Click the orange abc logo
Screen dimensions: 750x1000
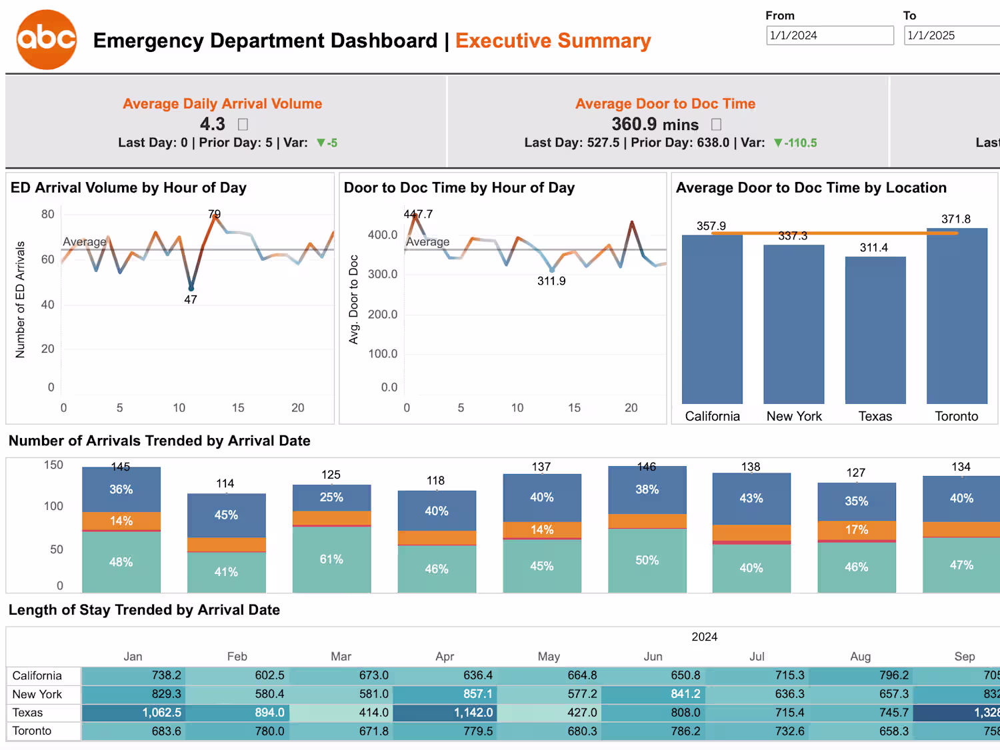pyautogui.click(x=46, y=39)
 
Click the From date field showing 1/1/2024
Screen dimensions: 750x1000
pyautogui.click(x=829, y=35)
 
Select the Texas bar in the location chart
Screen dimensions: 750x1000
pyautogui.click(x=875, y=330)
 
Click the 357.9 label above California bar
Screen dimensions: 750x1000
pyautogui.click(x=711, y=226)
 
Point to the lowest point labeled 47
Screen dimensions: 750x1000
pyautogui.click(x=191, y=288)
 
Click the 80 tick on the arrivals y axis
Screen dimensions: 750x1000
pyautogui.click(x=47, y=214)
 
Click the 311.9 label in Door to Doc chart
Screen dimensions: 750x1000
pyautogui.click(x=551, y=281)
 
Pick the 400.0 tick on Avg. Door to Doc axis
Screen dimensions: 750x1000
pyautogui.click(x=383, y=235)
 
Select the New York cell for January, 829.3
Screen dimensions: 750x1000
pyautogui.click(x=133, y=694)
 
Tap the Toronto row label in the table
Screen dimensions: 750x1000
pyautogui.click(x=32, y=731)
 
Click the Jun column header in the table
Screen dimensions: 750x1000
pyautogui.click(x=653, y=657)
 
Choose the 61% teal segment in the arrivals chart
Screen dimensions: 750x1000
pyautogui.click(x=331, y=559)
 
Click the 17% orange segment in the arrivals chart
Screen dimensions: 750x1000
pyautogui.click(x=857, y=530)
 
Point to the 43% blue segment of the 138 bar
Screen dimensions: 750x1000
pyautogui.click(x=751, y=498)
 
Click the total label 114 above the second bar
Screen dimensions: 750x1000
pyautogui.click(x=225, y=483)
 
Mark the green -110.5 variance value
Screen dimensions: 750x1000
pyautogui.click(x=800, y=143)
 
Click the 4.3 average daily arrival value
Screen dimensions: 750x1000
pyautogui.click(x=213, y=124)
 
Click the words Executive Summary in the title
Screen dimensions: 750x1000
pyautogui.click(x=553, y=41)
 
